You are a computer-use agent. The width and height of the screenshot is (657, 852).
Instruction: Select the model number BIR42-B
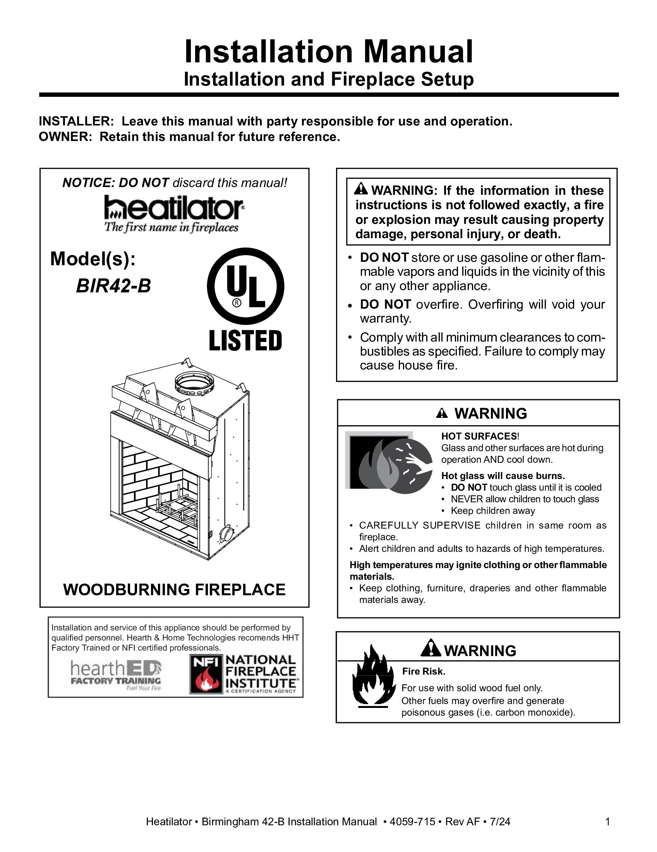[x=113, y=286]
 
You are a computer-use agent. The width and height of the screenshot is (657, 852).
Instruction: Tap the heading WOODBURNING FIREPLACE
[x=174, y=589]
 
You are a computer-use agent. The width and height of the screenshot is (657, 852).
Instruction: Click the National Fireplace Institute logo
[x=244, y=674]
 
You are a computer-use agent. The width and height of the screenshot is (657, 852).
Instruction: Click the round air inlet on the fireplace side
[x=226, y=532]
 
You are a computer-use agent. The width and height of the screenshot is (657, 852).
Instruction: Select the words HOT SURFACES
[x=479, y=436]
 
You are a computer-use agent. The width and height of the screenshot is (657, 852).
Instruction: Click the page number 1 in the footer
[x=607, y=821]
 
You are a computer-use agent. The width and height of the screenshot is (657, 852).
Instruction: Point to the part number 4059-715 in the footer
[x=412, y=821]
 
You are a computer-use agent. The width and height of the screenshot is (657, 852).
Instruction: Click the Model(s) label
[x=93, y=259]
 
